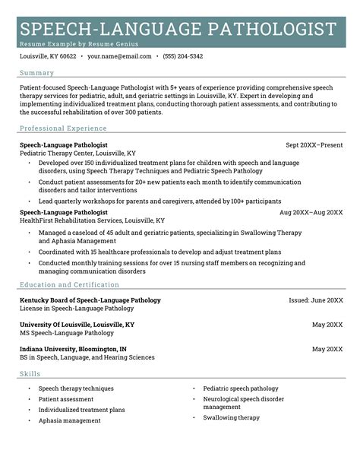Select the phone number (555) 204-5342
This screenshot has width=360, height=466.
tap(185, 56)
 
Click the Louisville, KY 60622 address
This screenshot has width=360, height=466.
tap(48, 56)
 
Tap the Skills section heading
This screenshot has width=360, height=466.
tap(30, 373)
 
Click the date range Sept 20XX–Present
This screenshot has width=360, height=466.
tap(314, 144)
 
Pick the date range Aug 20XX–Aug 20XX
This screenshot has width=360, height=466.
tap(311, 212)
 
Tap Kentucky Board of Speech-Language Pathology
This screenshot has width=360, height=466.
tap(90, 300)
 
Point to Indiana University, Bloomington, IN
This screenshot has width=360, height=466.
tap(73, 349)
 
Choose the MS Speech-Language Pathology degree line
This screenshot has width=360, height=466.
tap(67, 333)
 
